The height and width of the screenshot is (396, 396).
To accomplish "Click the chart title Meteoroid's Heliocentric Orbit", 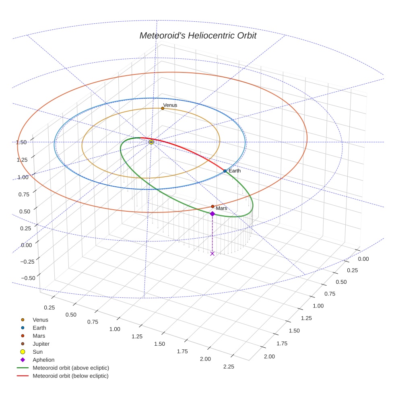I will tap(198, 35).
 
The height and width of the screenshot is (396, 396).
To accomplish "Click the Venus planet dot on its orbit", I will tap(163, 108).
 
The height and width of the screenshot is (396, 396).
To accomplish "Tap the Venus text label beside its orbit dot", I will tap(170, 105).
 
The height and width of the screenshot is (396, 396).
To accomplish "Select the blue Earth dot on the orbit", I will tap(225, 171).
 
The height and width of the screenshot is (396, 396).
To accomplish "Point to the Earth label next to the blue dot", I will tap(235, 171).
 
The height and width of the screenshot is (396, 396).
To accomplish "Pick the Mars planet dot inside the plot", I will tap(212, 206).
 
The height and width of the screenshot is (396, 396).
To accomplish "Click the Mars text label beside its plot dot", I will tap(221, 208).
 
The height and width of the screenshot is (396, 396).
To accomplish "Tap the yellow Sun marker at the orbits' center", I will tap(151, 142).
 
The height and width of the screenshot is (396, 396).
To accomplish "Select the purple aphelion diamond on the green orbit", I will tap(212, 214).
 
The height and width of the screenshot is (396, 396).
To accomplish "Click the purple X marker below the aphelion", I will tap(212, 253).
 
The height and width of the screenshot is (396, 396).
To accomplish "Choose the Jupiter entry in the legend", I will tap(41, 344).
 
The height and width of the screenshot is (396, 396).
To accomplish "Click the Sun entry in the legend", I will tap(37, 352).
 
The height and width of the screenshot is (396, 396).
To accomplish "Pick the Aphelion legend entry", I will tap(43, 360).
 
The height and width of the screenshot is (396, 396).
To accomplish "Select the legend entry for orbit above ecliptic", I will tap(70, 368).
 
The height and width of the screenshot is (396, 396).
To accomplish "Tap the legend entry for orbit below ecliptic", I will tap(70, 376).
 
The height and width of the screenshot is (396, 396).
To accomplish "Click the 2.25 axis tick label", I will tap(228, 366).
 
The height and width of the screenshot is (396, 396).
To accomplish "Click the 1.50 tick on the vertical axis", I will tap(21, 142).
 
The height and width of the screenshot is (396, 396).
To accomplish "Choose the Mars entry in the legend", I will tap(39, 336).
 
